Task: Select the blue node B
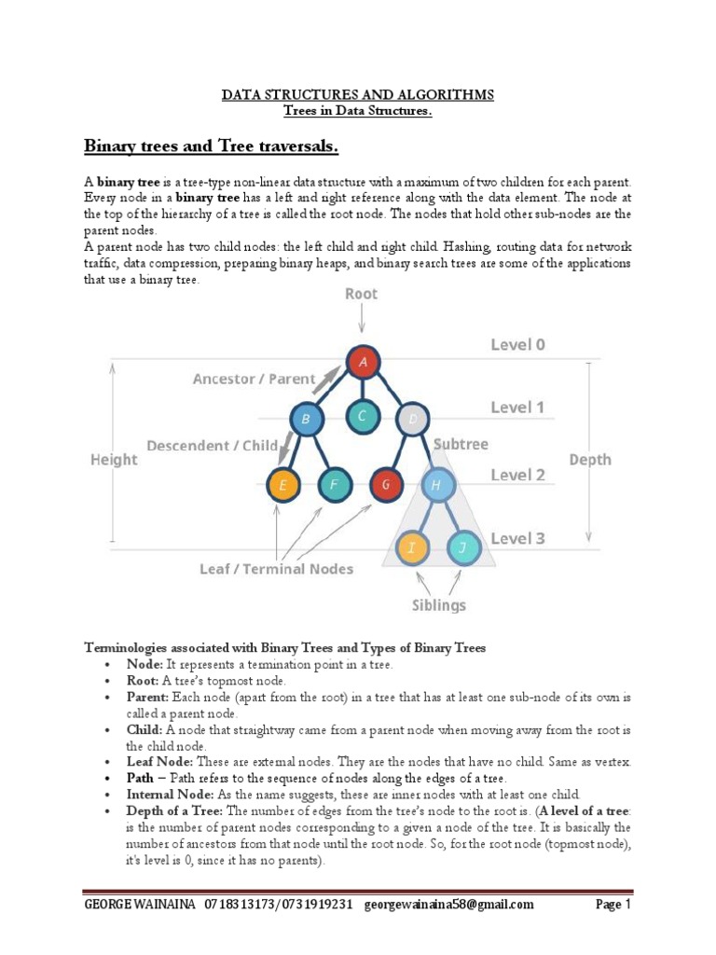click(x=305, y=419)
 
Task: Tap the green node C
click(x=361, y=417)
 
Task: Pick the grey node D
click(x=411, y=419)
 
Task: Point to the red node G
click(x=385, y=485)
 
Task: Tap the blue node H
click(x=437, y=485)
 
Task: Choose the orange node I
click(x=411, y=548)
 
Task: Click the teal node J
click(x=462, y=548)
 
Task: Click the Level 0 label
click(x=517, y=345)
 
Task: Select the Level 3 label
click(x=517, y=538)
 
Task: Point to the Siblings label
click(x=438, y=605)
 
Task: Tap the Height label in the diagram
click(x=114, y=459)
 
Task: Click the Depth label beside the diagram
click(x=590, y=459)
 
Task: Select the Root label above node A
click(x=361, y=294)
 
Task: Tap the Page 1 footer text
click(x=614, y=905)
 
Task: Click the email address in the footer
click(x=448, y=905)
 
